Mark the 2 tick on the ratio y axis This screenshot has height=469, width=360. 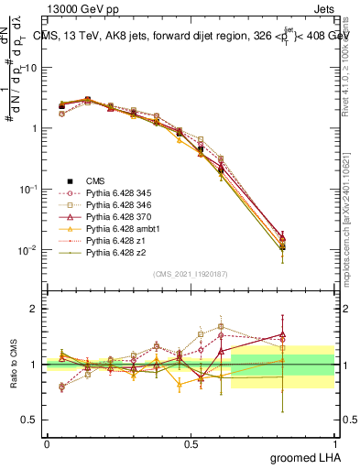(x=37, y=309)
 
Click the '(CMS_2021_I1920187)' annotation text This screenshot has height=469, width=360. (x=191, y=274)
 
